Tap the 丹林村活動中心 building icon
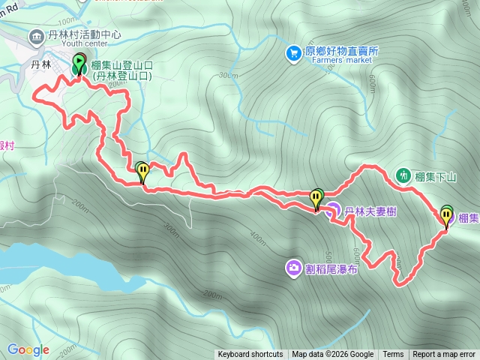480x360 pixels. pos(35,35)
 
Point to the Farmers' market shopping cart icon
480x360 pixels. pos(294,52)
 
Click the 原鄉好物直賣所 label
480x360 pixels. pos(341,51)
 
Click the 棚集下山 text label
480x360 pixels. pos(436,177)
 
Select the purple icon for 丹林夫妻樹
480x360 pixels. pos(332,211)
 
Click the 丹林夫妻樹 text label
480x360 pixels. pos(370,212)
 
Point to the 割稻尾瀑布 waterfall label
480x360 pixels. pos(331,268)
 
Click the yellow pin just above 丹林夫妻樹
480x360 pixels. pos(316,199)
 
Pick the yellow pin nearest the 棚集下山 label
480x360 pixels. pos(447,217)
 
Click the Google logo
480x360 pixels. pos(28,349)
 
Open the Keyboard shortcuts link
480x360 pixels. pos(250,355)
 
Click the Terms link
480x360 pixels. pos(393,355)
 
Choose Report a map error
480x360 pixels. pos(444,355)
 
